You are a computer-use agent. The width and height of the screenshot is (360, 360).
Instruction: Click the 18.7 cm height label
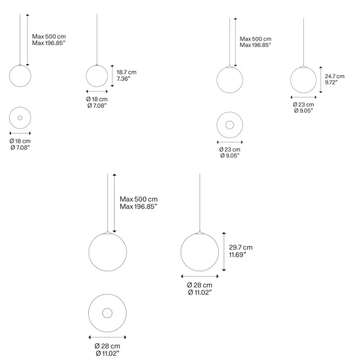click(x=126, y=72)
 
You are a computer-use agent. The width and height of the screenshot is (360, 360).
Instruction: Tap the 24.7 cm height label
click(x=335, y=76)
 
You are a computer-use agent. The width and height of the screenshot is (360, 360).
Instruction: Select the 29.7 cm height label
click(x=240, y=247)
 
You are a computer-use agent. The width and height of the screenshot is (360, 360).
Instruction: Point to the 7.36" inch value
click(x=123, y=79)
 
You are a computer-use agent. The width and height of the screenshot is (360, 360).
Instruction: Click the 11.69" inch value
click(x=237, y=255)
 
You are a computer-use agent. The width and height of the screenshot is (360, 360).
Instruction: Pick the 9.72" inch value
click(x=331, y=83)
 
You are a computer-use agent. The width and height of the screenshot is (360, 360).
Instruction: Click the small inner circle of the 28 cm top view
click(x=107, y=313)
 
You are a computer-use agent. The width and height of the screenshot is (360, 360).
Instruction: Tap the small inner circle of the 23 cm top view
click(x=229, y=125)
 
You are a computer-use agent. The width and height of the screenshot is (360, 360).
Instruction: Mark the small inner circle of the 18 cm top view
click(x=20, y=118)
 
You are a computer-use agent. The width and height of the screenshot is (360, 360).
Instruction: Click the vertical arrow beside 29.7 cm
click(x=224, y=252)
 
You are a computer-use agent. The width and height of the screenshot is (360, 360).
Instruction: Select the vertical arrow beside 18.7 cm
click(x=112, y=76)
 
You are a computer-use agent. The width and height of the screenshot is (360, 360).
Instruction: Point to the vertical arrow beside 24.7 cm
click(x=321, y=80)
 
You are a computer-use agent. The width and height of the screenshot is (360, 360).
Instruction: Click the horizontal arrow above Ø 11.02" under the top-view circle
click(x=107, y=337)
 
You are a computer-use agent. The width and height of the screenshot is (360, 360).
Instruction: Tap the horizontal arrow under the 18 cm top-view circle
click(x=20, y=133)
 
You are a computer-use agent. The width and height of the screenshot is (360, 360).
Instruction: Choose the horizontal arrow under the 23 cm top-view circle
click(x=229, y=142)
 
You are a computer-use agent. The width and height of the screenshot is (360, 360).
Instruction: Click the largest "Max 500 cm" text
click(x=139, y=199)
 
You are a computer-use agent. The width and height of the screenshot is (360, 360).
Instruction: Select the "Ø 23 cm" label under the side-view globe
click(x=303, y=104)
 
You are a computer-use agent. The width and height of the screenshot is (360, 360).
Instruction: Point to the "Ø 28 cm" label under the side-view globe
click(x=200, y=285)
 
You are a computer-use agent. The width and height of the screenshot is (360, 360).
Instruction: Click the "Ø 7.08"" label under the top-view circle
click(x=20, y=147)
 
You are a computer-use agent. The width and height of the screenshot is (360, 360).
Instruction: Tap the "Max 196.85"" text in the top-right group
click(x=255, y=45)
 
